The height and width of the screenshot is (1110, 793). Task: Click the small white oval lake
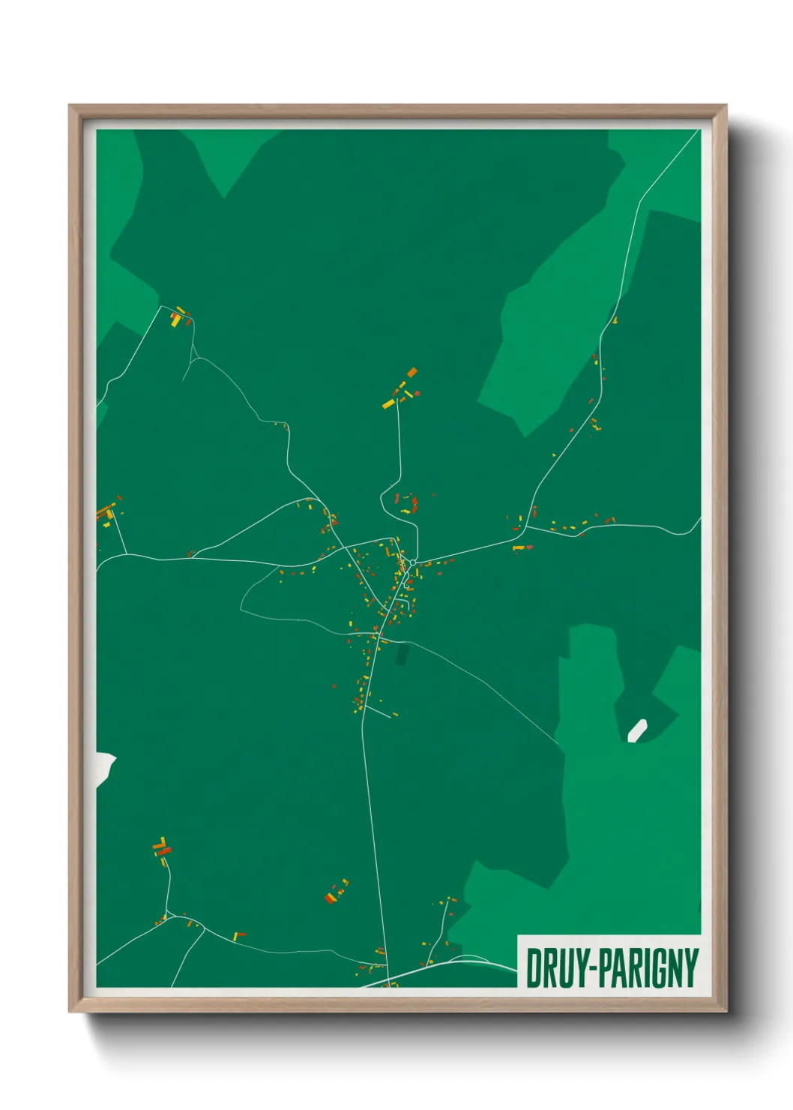coord(637,730)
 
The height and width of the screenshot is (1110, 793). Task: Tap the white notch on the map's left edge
coord(104,768)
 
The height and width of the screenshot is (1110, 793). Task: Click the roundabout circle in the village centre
coord(412,562)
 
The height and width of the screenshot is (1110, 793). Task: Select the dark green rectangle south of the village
coord(402,654)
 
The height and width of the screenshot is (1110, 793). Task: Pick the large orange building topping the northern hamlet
coord(411,372)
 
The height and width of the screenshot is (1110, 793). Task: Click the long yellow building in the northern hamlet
coord(388,404)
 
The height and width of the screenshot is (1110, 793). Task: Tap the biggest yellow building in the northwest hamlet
coord(175,320)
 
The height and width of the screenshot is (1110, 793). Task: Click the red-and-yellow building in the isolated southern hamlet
coord(331,898)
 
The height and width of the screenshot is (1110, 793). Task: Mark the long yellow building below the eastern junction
coord(518,548)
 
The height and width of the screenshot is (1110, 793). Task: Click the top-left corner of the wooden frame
coord(70,106)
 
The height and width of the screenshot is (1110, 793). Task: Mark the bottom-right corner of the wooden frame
coord(726,1011)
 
